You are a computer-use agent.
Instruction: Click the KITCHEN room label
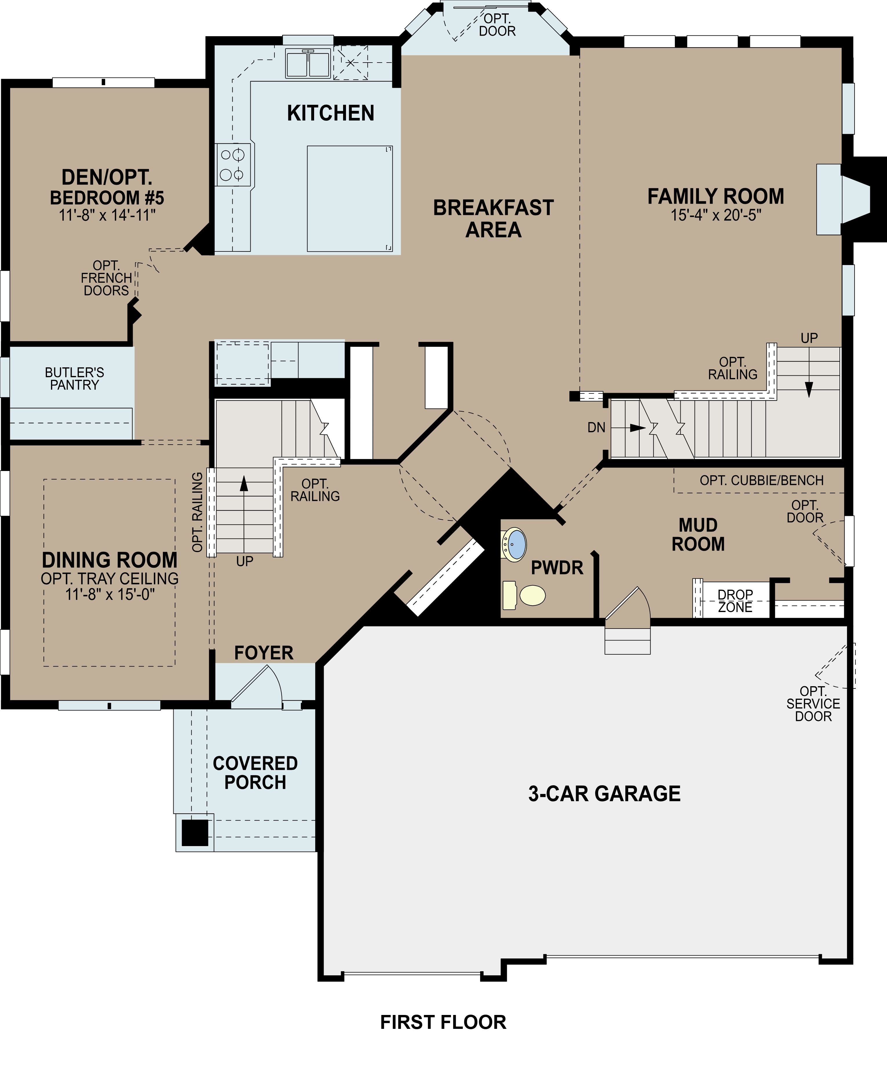331,113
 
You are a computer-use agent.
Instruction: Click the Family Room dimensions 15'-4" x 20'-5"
716,215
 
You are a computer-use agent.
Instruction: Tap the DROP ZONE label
735,601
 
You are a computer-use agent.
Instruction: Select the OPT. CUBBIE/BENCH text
761,481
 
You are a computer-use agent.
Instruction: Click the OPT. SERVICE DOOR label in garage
813,704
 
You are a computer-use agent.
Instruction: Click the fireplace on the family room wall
843,200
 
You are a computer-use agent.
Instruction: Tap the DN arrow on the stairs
636,428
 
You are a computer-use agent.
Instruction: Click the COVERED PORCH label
255,773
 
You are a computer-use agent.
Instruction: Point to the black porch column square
195,832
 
